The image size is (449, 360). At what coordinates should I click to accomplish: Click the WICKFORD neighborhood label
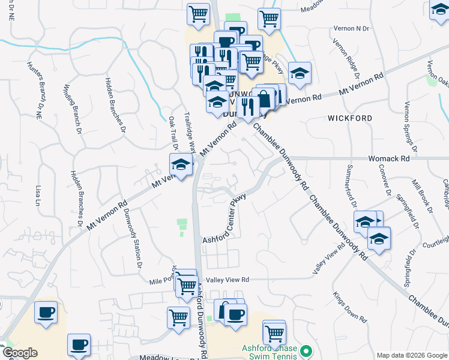click(x=350, y=118)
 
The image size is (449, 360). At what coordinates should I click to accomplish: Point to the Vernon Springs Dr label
click(x=410, y=124)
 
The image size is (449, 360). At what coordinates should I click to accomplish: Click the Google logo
click(x=19, y=353)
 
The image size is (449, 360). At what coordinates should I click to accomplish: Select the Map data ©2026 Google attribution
click(x=412, y=355)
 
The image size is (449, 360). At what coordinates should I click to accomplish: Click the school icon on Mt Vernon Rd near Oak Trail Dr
click(x=179, y=163)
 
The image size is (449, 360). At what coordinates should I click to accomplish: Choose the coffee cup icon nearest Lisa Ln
click(x=46, y=313)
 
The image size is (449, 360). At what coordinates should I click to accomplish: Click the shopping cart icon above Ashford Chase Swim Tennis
click(x=274, y=331)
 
